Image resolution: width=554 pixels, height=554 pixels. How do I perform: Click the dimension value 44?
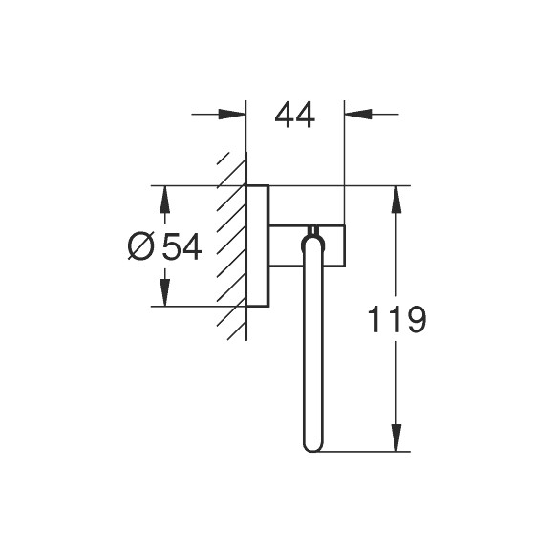click(294, 116)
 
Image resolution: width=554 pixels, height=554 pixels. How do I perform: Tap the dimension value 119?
click(396, 320)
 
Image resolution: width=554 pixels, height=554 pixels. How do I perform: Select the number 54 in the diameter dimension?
click(181, 246)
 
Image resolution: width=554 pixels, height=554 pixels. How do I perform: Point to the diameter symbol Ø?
click(141, 246)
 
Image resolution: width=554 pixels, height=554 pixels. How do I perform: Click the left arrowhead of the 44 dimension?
click(232, 114)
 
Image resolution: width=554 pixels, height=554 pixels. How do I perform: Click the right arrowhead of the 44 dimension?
click(358, 114)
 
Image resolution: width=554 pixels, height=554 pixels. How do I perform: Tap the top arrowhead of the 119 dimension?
click(396, 200)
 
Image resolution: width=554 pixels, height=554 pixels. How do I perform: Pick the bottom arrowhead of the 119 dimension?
click(396, 437)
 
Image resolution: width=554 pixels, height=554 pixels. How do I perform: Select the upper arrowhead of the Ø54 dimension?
click(164, 200)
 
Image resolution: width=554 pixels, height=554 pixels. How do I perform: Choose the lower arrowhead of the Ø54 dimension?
click(164, 292)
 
